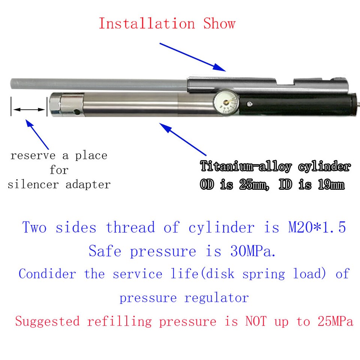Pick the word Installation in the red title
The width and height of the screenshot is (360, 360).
click(147, 24)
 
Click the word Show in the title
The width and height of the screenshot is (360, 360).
click(219, 24)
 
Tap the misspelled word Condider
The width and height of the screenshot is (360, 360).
click(47, 274)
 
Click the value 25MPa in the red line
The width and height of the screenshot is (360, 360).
click(332, 321)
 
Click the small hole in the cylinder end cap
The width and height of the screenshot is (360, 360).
click(77, 111)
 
